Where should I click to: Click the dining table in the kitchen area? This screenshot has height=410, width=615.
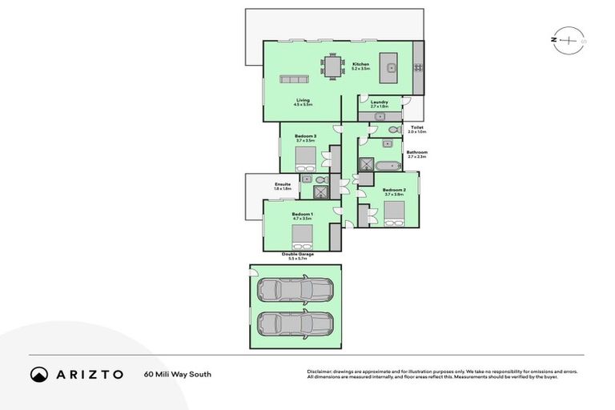(x=332, y=65)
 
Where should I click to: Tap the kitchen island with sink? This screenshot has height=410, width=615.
(x=389, y=64)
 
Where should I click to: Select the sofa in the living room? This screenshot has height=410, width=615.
(x=293, y=78)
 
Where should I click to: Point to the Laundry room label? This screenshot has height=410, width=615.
(x=379, y=102)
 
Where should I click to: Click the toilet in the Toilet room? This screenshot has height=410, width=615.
(x=393, y=129)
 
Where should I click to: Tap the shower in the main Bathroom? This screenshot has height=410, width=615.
(x=366, y=164)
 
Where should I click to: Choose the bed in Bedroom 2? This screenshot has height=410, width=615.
(x=394, y=212)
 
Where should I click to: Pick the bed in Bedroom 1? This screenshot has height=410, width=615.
(x=302, y=235)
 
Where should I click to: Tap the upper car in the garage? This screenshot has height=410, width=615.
(x=295, y=290)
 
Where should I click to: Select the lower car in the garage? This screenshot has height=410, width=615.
(x=295, y=324)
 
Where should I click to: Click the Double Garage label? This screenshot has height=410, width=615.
(x=297, y=253)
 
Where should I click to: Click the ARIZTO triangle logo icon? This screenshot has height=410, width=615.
(x=39, y=374)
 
